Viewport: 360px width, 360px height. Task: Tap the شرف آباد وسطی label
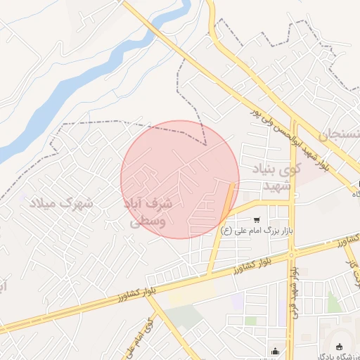coord(148,212)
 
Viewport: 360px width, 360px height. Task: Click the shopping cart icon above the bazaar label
coord(256,219)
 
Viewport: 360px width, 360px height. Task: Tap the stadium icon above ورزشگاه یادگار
coord(340,346)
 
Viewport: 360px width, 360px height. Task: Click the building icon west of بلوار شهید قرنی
coord(275,349)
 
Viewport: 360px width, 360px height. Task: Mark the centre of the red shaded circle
coord(180,179)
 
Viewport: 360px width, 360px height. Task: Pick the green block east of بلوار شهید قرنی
coord(333,302)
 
